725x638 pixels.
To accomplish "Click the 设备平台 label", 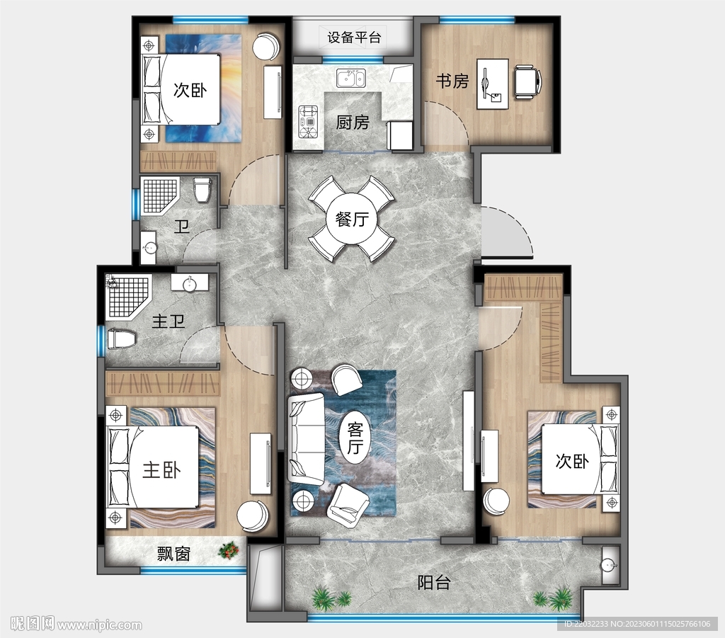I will [354, 37].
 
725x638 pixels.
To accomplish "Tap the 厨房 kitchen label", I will [352, 123].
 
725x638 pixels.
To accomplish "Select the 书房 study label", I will [452, 81].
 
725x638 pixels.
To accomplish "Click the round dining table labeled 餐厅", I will [351, 219].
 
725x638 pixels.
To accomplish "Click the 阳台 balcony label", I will [433, 583].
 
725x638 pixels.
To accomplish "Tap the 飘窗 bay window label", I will [173, 554].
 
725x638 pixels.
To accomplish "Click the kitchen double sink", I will [350, 77].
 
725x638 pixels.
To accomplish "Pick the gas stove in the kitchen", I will [309, 121].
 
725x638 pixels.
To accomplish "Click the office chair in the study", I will [527, 81].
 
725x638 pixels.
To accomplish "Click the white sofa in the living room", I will [306, 439].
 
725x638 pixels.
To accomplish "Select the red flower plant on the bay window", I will [228, 550].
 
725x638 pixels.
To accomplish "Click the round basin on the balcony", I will [607, 565].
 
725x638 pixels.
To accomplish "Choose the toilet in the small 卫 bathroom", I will [202, 189].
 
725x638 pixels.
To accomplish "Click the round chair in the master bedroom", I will [252, 515].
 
